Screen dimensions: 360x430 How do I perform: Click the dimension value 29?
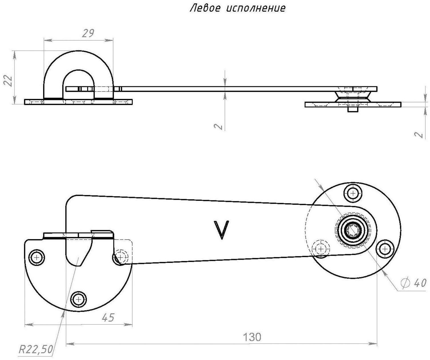[88, 33]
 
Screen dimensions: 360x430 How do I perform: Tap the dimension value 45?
[108, 317]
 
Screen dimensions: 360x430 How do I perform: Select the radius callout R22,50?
[36, 349]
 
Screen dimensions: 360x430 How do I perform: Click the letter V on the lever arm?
[222, 230]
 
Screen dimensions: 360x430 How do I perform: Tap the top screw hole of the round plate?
[353, 194]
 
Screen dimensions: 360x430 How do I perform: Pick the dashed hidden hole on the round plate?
[321, 249]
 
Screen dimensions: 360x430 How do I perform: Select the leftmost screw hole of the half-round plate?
[37, 258]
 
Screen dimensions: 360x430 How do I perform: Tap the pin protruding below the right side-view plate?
[353, 110]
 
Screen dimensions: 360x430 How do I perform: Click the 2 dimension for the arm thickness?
[219, 126]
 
